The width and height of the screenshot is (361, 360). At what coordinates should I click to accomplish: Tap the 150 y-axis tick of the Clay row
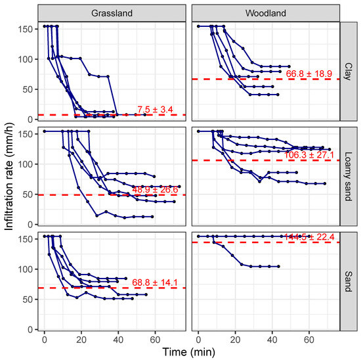26,29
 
